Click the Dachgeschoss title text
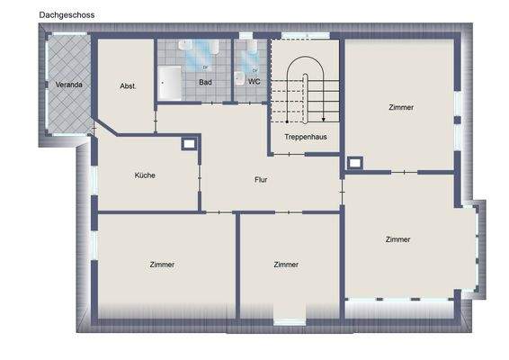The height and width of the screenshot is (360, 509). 67,15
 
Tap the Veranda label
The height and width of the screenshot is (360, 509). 69,85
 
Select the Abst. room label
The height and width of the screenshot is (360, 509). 128,85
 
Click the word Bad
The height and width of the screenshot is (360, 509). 205,81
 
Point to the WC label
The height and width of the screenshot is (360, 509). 254,81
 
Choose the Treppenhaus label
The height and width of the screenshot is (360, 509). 305,137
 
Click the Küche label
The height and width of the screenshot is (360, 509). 145,175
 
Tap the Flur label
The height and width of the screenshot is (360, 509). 261,179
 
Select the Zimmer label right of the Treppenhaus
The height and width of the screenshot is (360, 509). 401,107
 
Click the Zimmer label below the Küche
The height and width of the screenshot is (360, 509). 162,265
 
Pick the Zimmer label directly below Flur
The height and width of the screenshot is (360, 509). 286,265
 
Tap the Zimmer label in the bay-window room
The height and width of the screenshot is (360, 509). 397,239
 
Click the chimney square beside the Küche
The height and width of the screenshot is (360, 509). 189,143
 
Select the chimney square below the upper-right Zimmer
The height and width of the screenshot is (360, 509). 354,163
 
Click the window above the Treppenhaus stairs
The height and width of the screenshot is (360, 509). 293,36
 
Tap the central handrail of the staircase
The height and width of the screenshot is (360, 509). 306,90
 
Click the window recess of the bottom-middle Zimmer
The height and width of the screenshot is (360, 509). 290,316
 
